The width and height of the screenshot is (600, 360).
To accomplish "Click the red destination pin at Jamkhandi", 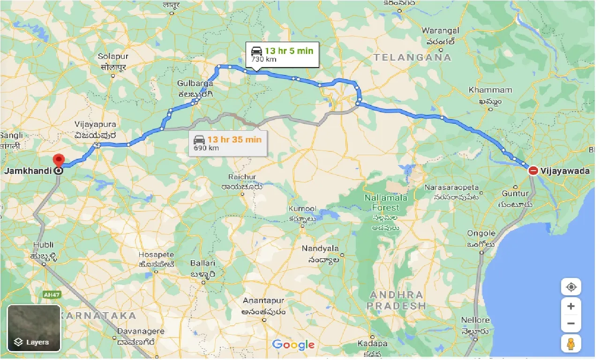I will [58, 160].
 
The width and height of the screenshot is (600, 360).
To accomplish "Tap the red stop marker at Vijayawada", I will [533, 171].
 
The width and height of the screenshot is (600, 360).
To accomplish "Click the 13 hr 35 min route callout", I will [228, 143].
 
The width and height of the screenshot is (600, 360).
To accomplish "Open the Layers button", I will [34, 328].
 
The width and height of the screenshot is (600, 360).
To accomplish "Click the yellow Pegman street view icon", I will [571, 344].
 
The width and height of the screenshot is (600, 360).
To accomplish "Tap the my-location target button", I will [571, 286].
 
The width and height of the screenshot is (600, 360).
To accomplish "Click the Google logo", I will [293, 345].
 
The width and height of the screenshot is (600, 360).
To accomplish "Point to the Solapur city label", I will [113, 56].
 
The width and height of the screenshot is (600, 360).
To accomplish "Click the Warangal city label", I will [440, 31].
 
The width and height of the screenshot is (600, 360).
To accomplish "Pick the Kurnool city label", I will [303, 209].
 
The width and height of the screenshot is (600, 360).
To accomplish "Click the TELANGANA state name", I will [412, 57].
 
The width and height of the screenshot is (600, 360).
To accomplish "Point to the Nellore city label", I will [475, 320].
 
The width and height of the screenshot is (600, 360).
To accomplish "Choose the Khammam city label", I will [491, 90].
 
